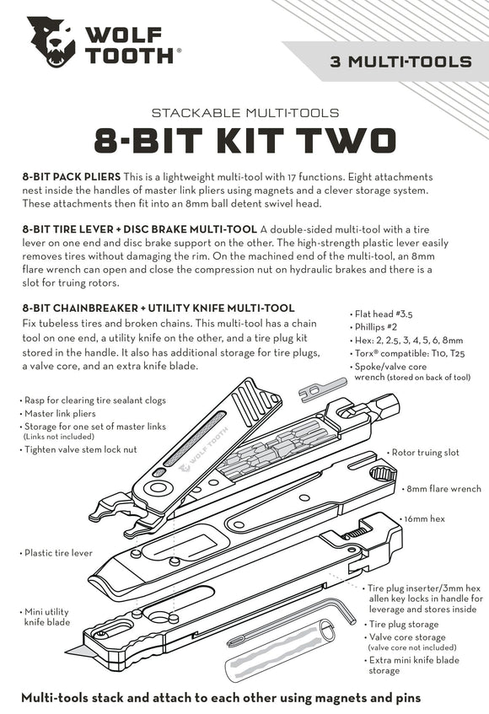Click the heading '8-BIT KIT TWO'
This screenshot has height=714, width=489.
point(244,139)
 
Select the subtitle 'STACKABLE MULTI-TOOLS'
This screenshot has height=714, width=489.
point(244,111)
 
